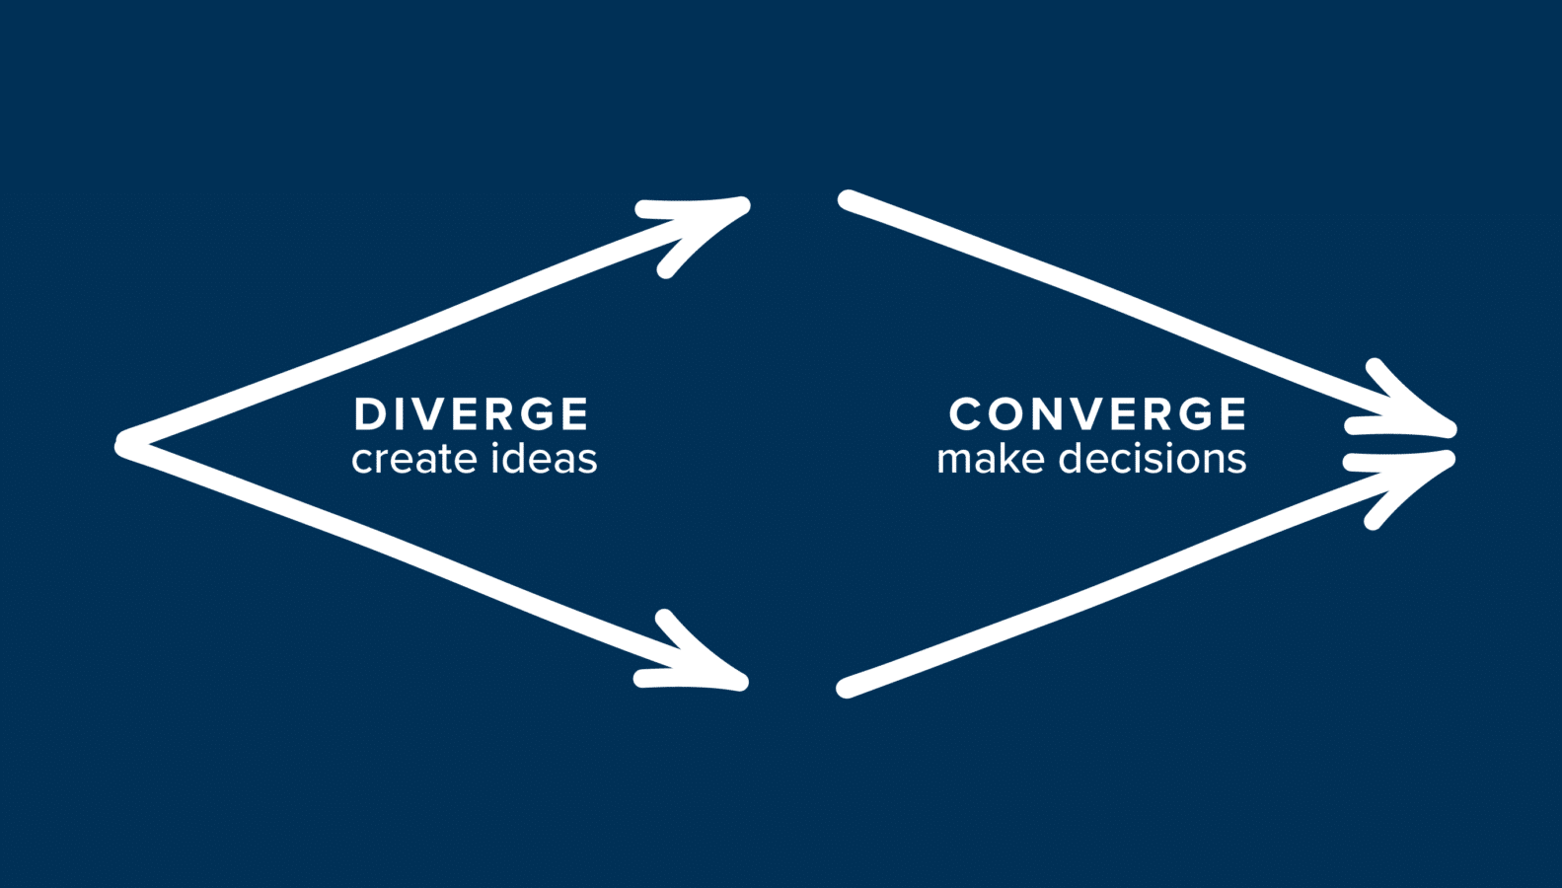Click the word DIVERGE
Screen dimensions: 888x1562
coord(471,414)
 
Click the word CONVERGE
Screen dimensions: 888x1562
coord(1097,414)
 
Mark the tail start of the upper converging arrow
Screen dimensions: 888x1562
coord(848,199)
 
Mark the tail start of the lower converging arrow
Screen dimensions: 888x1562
coord(847,689)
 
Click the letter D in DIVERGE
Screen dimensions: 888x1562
coord(370,414)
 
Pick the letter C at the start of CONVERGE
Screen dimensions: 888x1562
coord(965,414)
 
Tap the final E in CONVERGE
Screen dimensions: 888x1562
coord(1233,414)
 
